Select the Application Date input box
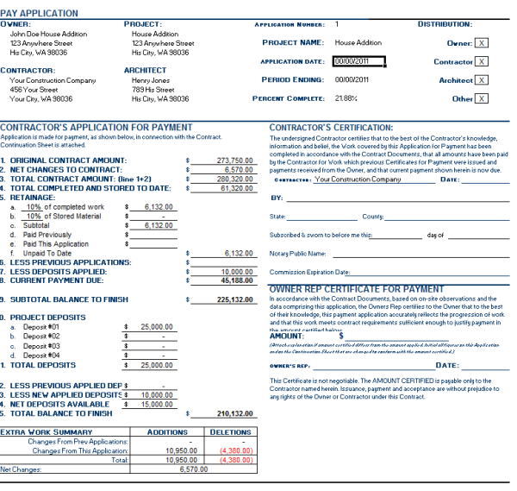pyautogui.click(x=357, y=61)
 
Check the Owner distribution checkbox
pyautogui.click(x=481, y=42)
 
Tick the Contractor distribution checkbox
pyautogui.click(x=481, y=61)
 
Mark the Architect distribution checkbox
pyautogui.click(x=481, y=79)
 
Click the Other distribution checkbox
pyautogui.click(x=481, y=98)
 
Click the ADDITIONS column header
pyautogui.click(x=167, y=431)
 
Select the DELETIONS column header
pyautogui.click(x=230, y=431)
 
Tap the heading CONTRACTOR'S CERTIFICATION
pyautogui.click(x=331, y=128)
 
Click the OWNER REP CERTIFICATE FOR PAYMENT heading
pyautogui.click(x=357, y=289)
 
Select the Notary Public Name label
pyautogui.click(x=297, y=254)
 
